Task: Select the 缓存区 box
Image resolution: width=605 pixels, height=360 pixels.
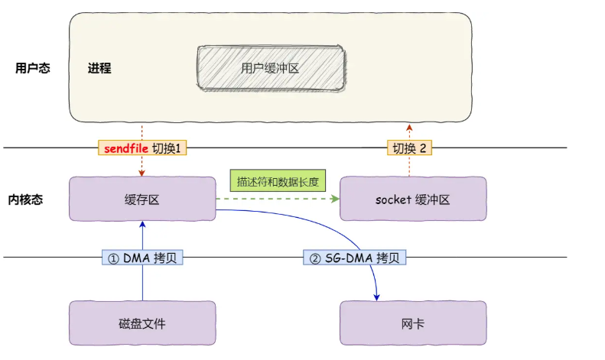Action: coord(142,199)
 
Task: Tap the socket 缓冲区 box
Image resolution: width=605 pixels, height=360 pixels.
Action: coord(412,199)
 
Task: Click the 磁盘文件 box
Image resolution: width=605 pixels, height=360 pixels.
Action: coord(142,323)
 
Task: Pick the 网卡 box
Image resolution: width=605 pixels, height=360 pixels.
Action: coord(412,323)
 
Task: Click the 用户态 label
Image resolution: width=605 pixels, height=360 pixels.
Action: coord(33,68)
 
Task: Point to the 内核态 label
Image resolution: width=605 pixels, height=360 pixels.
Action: coord(33,200)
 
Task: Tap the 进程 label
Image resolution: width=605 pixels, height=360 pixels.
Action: coord(99,68)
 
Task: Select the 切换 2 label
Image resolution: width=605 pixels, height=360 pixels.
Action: coord(410,148)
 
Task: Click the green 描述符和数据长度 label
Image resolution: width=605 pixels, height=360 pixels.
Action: coord(278,182)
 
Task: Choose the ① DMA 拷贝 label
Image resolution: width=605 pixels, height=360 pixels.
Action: coord(142,258)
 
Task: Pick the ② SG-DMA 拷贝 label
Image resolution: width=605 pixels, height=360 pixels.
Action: coord(354,258)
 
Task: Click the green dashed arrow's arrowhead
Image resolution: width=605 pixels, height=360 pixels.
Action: coord(335,199)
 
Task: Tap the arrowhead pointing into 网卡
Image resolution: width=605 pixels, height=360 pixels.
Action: coord(377,297)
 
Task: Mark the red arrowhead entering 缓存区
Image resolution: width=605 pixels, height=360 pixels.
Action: coord(142,173)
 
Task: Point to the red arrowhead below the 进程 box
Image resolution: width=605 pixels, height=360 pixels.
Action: coord(410,126)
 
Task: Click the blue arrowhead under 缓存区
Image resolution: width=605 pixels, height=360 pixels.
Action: coord(142,225)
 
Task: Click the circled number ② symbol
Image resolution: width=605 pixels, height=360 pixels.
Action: coord(314,258)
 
